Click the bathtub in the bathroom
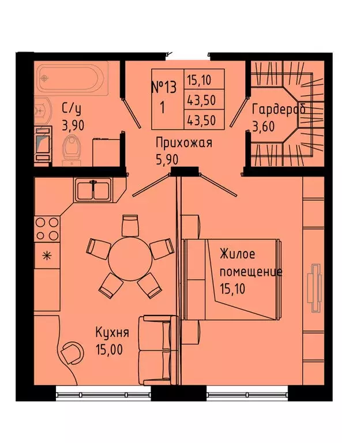[x=72, y=78]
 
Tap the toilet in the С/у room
[x=72, y=149]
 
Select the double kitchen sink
[x=93, y=190]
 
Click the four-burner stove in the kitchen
[x=47, y=228]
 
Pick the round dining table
[x=129, y=258]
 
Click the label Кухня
[x=112, y=332]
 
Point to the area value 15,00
[x=109, y=350]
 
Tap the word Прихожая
[x=184, y=142]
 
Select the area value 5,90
[x=167, y=160]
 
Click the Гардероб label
[x=279, y=109]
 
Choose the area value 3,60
[x=263, y=126]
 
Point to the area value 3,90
[x=73, y=125]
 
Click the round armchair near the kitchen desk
[x=72, y=352]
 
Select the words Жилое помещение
[x=251, y=262]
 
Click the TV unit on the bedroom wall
[x=316, y=288]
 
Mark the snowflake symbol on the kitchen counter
[x=47, y=256]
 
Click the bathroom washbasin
[x=42, y=110]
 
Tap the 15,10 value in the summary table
[x=199, y=80]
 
